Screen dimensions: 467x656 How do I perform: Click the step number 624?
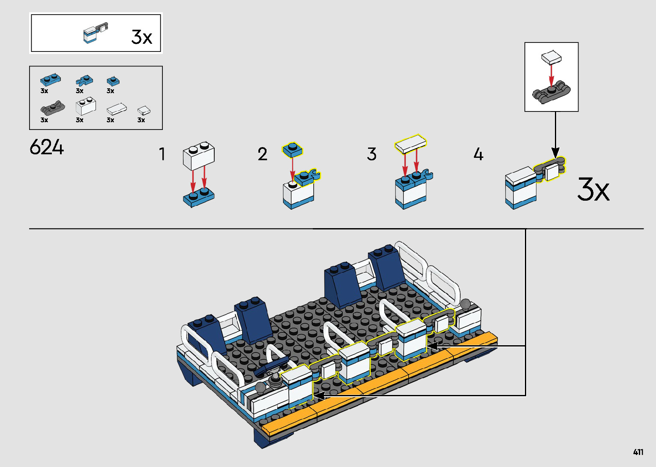[47, 148]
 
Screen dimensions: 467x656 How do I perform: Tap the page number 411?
[638, 452]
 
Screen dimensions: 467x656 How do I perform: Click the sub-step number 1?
[162, 154]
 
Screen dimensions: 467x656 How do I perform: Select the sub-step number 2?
[262, 154]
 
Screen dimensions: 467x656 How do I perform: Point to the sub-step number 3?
[371, 154]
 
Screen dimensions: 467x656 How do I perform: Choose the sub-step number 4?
[478, 154]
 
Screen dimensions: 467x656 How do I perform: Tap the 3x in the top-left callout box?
[142, 37]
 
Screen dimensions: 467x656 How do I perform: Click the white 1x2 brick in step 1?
[199, 157]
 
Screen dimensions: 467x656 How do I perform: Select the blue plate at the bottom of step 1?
[198, 197]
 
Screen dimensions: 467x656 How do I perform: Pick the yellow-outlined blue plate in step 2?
[292, 149]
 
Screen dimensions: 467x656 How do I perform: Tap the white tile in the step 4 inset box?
[551, 57]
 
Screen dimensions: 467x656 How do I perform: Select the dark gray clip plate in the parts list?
[52, 108]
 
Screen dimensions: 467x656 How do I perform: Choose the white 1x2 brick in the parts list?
[86, 106]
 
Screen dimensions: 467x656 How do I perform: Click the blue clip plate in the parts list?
[84, 80]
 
